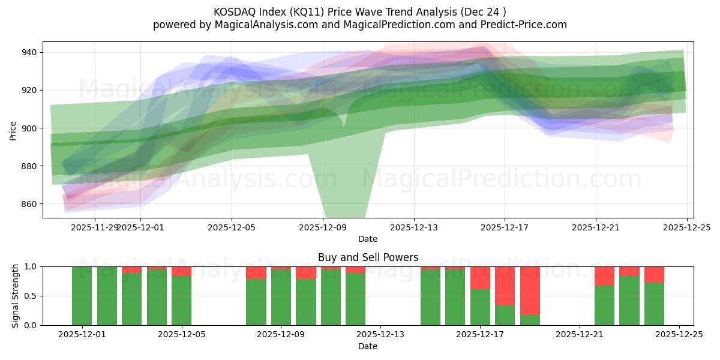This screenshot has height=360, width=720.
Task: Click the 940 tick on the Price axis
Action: pos(29,53)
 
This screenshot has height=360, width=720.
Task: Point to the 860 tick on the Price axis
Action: pos(29,204)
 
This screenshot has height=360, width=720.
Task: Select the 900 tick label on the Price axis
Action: pos(29,128)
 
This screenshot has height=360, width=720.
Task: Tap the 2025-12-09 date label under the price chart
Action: pos(323,227)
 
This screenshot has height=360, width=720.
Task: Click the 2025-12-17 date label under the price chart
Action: pos(505,227)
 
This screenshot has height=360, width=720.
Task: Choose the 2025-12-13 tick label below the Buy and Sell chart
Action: pos(380,334)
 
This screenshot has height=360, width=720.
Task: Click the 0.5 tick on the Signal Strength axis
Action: pos(31,296)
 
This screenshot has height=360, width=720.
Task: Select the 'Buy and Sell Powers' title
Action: pos(368,257)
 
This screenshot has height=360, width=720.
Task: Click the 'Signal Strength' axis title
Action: pos(15,296)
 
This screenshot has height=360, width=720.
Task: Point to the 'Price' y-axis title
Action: pos(13,130)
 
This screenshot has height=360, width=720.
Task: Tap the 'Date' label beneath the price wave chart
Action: pos(368,239)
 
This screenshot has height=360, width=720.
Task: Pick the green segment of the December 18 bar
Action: pos(505,315)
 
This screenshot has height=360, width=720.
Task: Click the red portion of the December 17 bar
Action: pos(480,278)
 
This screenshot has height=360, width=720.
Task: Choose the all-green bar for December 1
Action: pos(82,296)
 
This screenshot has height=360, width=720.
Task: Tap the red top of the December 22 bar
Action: pos(604,276)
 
